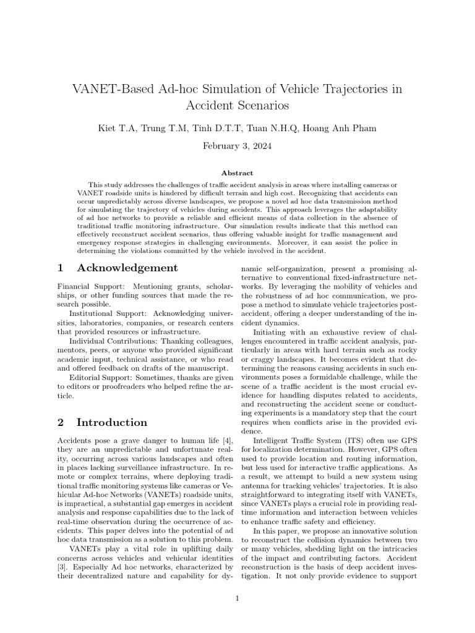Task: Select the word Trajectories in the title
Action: click(349, 88)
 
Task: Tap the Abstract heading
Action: click(237, 174)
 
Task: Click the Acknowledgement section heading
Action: click(127, 268)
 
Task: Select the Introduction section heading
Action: click(112, 423)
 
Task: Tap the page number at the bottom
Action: click(237, 598)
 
